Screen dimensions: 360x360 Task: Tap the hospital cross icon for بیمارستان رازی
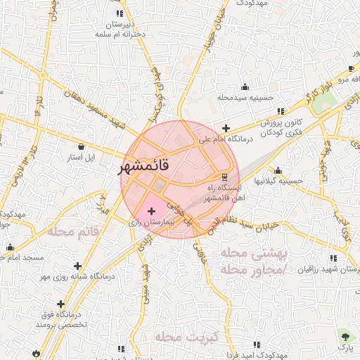click(152, 211)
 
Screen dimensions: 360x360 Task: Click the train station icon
click(224, 176)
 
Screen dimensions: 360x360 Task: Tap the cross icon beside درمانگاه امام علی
click(225, 128)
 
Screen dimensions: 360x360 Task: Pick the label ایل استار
click(80, 156)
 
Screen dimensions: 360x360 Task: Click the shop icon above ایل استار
click(82, 147)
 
